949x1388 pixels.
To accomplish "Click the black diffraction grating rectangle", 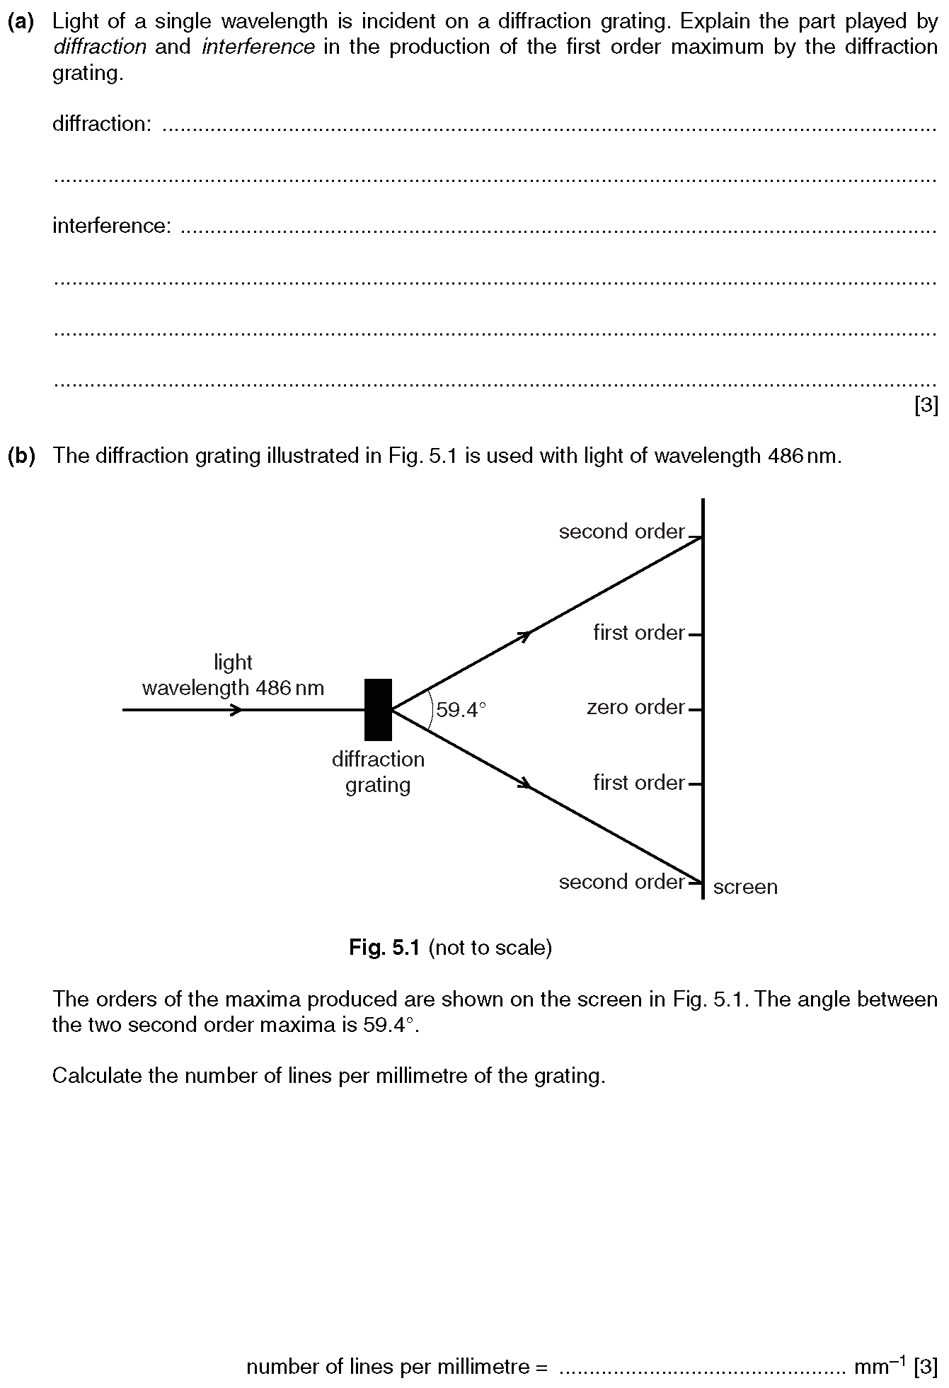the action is click(x=378, y=709).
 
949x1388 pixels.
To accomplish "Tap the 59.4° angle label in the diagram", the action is click(x=461, y=709).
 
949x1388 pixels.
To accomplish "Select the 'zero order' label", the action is click(x=635, y=707).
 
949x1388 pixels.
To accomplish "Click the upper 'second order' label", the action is click(x=621, y=532).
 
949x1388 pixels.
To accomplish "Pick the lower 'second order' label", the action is click(x=621, y=881).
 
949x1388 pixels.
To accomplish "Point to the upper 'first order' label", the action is click(x=639, y=632).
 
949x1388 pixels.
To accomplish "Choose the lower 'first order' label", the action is click(x=639, y=782).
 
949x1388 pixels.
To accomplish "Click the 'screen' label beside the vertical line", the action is click(x=745, y=887).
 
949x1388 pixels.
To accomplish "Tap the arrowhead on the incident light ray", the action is click(x=236, y=709).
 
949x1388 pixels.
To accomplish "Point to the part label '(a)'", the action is click(x=21, y=22).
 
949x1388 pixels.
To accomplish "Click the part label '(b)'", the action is click(x=21, y=456).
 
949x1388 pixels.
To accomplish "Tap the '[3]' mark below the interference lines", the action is click(x=926, y=406).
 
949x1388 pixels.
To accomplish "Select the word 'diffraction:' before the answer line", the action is click(x=102, y=124).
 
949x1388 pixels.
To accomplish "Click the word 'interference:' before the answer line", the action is click(x=112, y=226).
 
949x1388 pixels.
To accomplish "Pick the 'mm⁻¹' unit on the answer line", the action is click(x=881, y=1365).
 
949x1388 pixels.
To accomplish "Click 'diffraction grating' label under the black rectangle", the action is click(x=378, y=772).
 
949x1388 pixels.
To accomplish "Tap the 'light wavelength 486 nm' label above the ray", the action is click(x=233, y=675).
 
